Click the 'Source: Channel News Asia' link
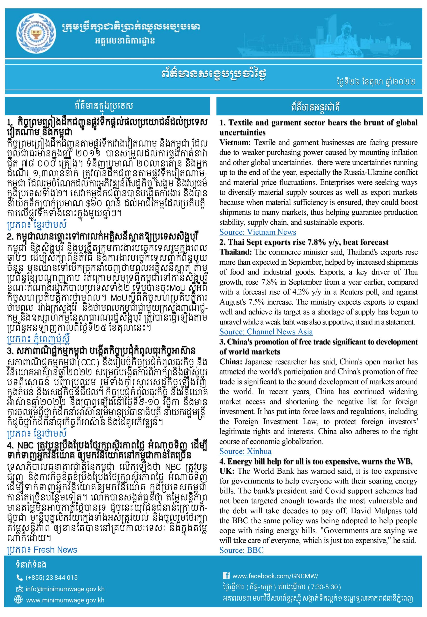266,332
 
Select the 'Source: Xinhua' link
245,451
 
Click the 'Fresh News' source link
55,550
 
